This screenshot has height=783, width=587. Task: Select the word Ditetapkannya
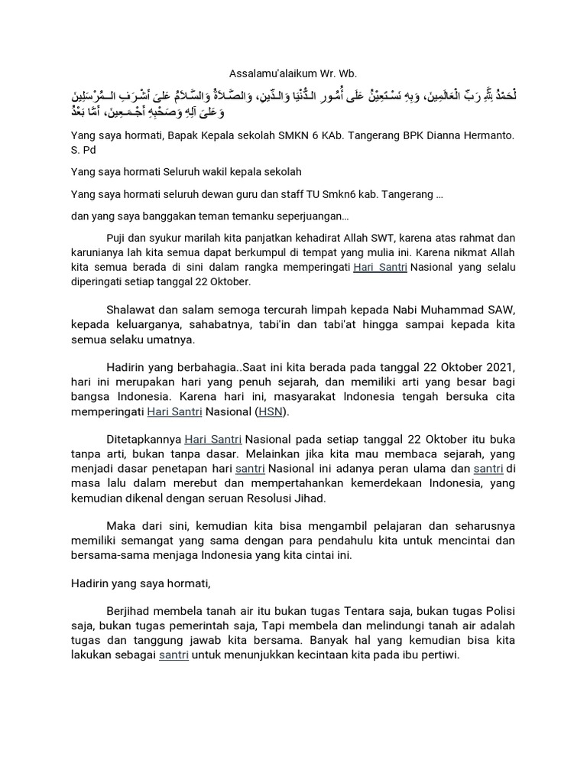point(141,440)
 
